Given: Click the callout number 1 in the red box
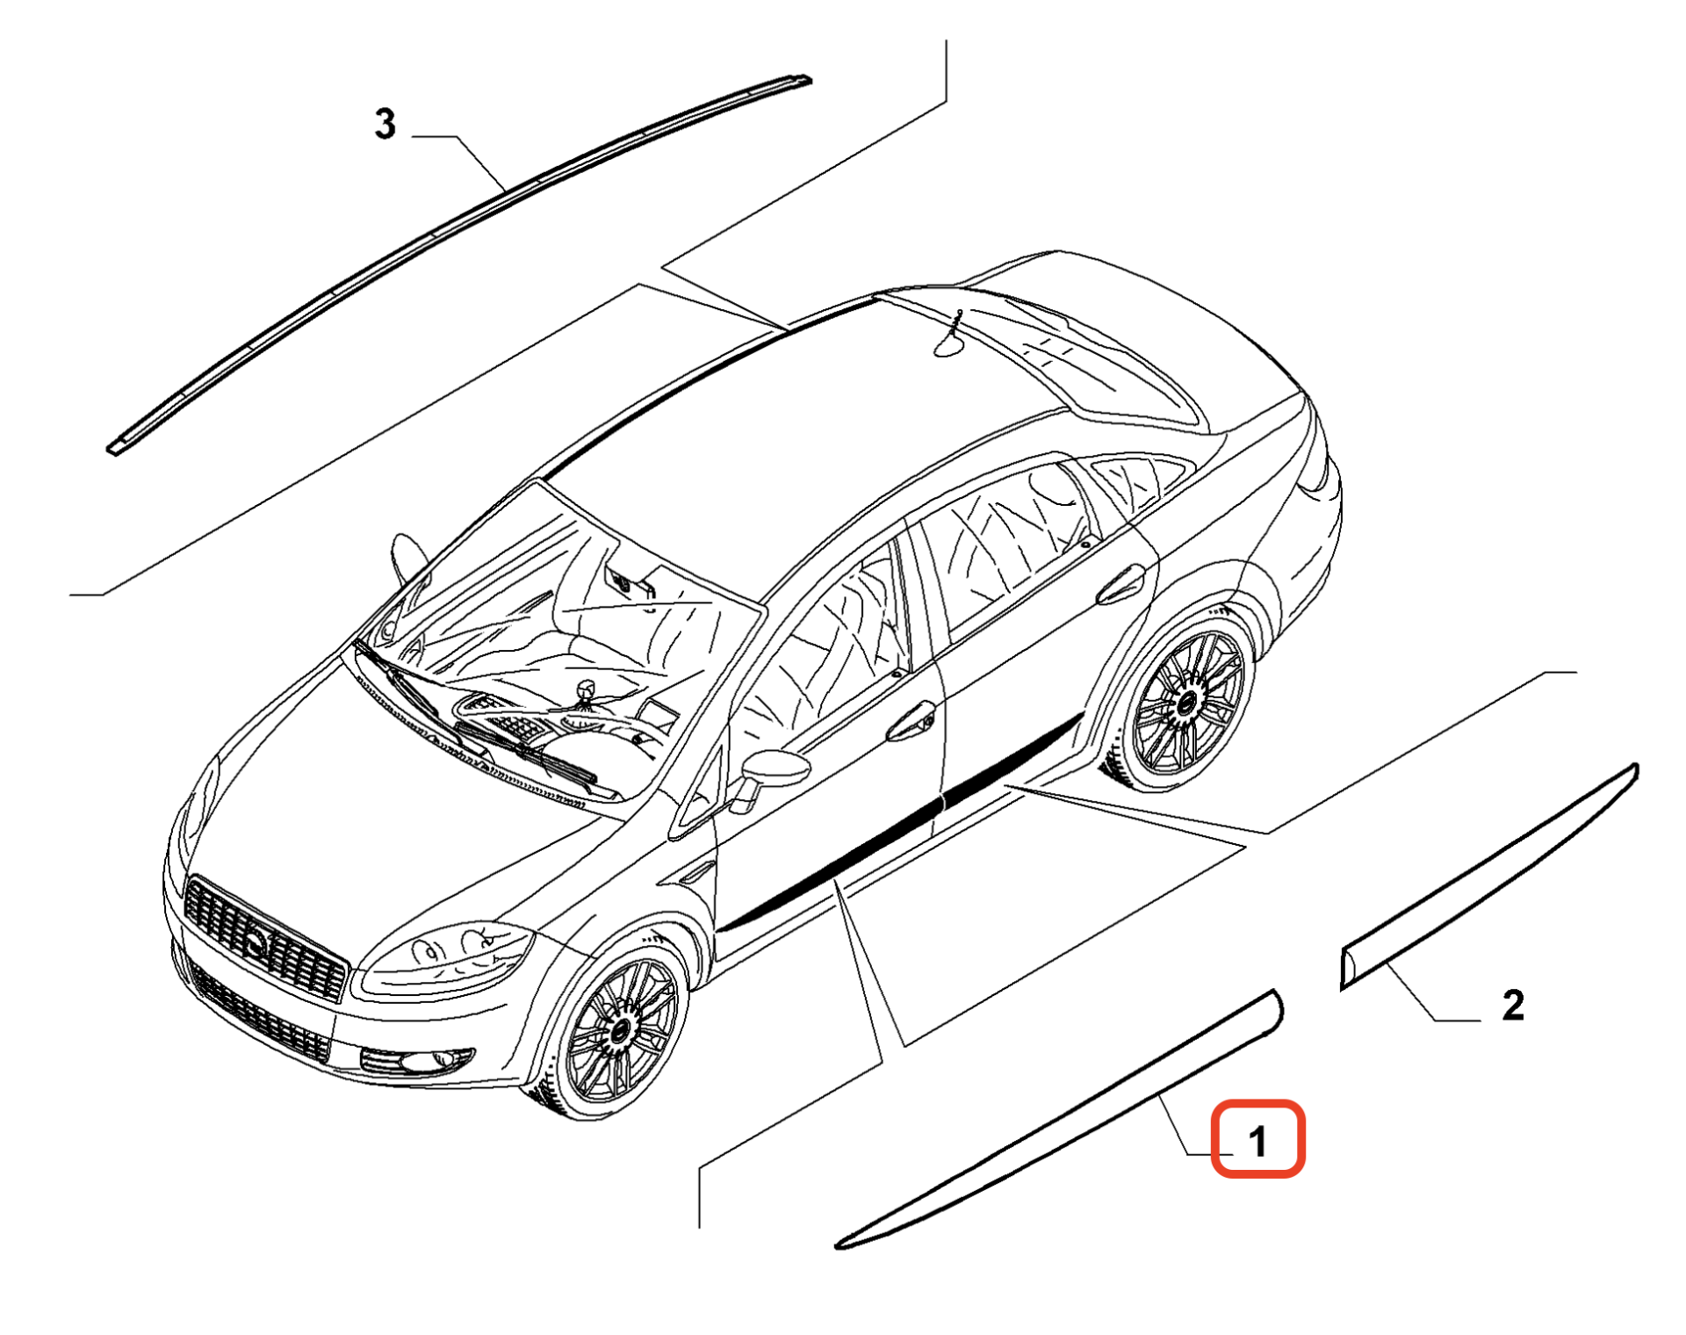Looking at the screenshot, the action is (1257, 1141).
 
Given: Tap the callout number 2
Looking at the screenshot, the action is (1513, 1005).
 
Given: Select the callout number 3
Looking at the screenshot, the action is (385, 124).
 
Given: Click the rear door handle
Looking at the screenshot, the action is (1121, 586).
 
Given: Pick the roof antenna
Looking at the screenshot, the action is (952, 335).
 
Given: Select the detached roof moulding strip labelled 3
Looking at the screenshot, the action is (459, 264).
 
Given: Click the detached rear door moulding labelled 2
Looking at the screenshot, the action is (1488, 877).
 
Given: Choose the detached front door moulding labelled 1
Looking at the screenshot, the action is (1058, 1120).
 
